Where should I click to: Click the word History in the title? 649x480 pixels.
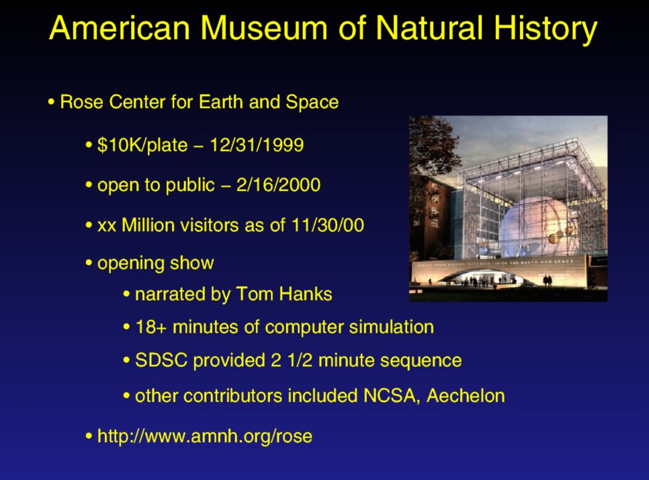546,30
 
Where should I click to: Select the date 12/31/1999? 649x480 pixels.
257,145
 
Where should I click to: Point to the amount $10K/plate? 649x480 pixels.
142,146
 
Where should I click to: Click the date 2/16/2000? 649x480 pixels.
279,185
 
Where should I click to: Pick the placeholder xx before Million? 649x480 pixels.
107,226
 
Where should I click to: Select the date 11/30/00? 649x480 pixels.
328,225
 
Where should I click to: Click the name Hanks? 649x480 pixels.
306,294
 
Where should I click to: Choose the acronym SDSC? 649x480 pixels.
161,360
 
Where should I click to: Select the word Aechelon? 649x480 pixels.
466,395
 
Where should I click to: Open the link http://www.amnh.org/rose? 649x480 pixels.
205,436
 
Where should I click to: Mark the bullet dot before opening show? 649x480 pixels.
89,263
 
